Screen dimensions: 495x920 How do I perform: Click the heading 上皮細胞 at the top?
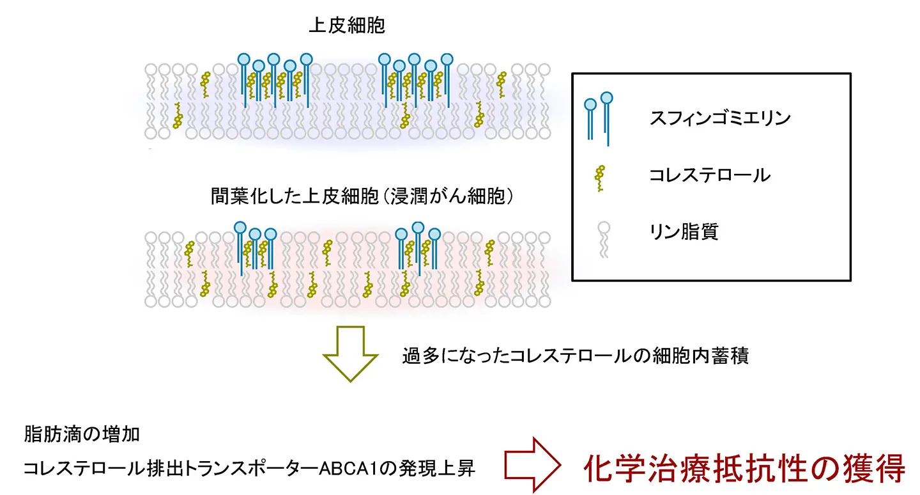coord(346,26)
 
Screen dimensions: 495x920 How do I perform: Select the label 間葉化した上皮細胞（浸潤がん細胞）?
coord(362,196)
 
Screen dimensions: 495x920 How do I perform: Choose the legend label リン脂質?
coord(683,231)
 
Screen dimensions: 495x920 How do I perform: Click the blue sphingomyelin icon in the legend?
coord(599,118)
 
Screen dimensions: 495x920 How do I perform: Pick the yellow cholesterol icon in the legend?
coord(600,178)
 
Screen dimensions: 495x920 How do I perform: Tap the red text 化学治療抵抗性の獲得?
coord(744,468)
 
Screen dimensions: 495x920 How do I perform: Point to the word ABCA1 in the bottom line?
coord(363,469)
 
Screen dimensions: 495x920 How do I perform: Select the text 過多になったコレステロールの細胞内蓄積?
coord(575,356)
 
